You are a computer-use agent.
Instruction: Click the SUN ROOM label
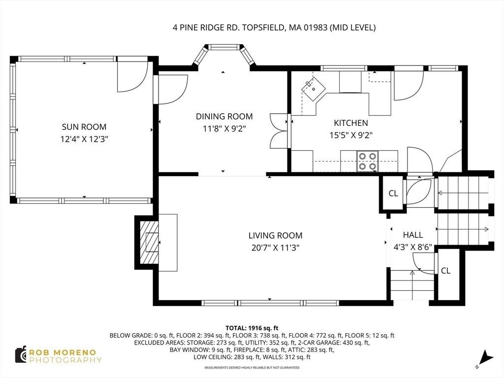coord(84,127)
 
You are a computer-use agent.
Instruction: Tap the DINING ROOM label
coord(224,116)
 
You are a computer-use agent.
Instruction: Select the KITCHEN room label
coord(350,123)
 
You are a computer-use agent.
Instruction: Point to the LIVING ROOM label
coord(276,236)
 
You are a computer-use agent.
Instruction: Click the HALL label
coord(413,235)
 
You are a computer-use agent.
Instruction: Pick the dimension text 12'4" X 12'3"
coord(84,139)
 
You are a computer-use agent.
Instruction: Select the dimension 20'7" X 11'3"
coord(276,248)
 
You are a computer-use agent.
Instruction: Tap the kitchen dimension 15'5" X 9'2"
coord(350,135)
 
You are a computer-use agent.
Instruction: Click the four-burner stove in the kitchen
coord(367,161)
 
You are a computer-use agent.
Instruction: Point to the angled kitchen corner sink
coord(314,89)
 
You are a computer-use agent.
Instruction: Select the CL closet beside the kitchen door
coord(393,193)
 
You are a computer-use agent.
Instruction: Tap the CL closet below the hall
coord(445,271)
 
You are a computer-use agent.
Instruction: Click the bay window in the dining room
coord(224,55)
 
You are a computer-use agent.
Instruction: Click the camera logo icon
coord(21,355)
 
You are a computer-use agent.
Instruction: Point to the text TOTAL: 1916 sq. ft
coord(252,328)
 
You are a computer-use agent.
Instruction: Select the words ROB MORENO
coord(63,352)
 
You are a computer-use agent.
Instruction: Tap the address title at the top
coord(274,28)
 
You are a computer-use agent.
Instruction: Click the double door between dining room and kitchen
coord(279,131)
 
